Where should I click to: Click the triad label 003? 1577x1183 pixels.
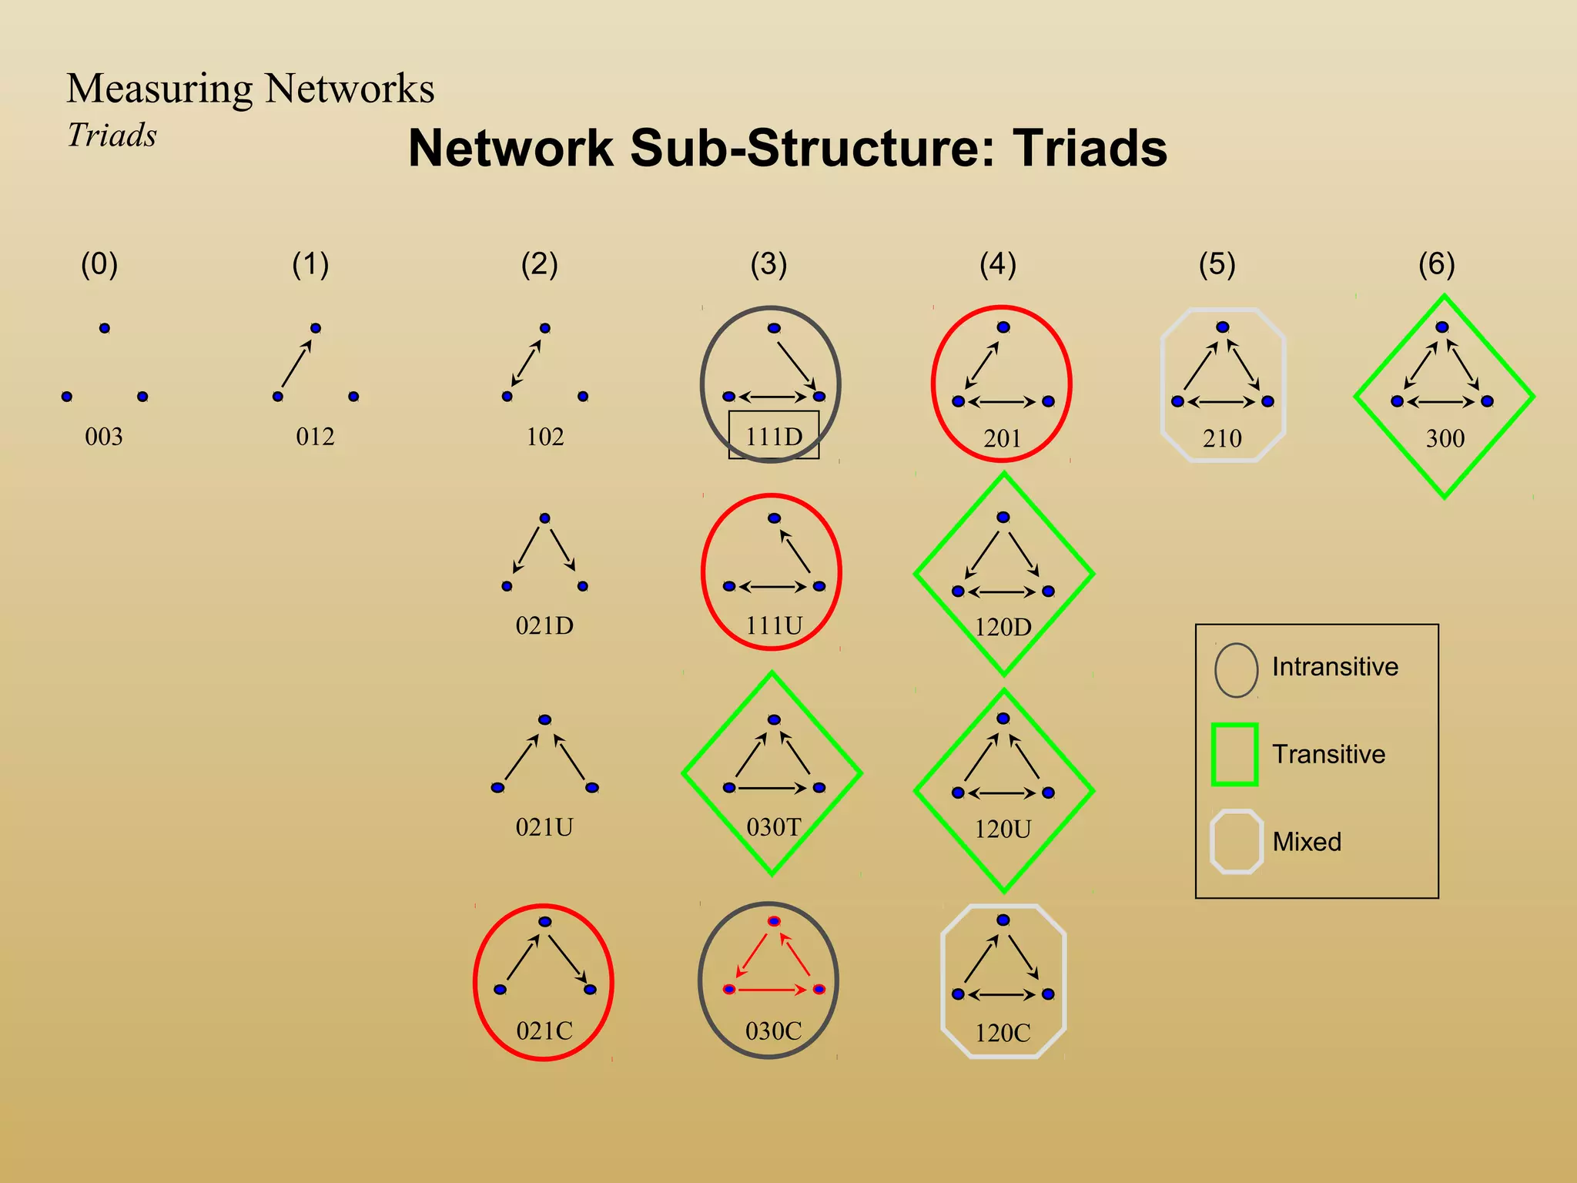[x=104, y=437]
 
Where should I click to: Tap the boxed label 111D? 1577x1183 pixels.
[x=774, y=437]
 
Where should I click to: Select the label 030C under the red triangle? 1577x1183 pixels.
[x=774, y=1031]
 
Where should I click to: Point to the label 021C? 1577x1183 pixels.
[x=544, y=1031]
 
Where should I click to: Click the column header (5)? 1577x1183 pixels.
[x=1217, y=264]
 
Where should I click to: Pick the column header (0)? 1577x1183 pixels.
[x=99, y=264]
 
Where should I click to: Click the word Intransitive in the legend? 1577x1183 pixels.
[x=1334, y=666]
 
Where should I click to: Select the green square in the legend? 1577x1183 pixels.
[x=1234, y=754]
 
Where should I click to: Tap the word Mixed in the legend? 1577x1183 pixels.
[x=1307, y=842]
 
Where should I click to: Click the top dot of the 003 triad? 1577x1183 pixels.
[x=105, y=328]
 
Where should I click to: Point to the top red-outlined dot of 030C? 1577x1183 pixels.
[x=774, y=921]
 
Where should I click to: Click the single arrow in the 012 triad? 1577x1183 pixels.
[x=296, y=364]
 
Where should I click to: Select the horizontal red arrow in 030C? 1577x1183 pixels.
[x=773, y=990]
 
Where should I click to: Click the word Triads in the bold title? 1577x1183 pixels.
[x=1090, y=148]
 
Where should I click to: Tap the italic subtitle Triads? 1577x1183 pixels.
[x=112, y=136]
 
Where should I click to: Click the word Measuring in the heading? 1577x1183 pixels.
[x=159, y=88]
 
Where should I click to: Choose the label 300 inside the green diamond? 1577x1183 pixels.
[x=1445, y=438]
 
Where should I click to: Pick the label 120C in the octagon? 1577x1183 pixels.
[x=1003, y=1033]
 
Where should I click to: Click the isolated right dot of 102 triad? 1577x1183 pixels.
[x=583, y=397]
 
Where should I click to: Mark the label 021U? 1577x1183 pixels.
[x=544, y=827]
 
